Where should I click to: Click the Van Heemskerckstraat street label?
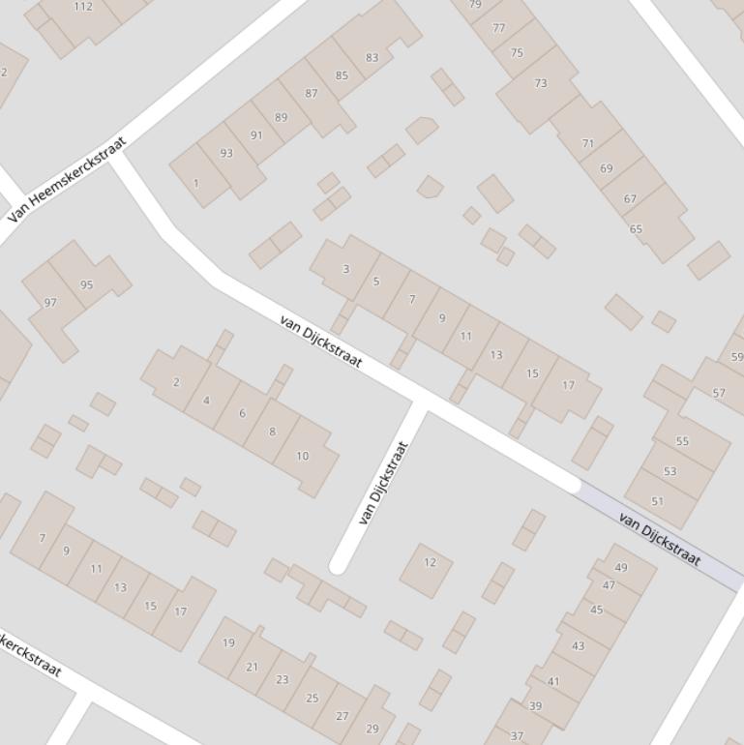67,181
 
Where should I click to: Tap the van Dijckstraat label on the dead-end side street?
384,483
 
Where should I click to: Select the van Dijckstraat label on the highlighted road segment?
659,540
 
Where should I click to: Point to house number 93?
226,153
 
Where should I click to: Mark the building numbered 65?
636,229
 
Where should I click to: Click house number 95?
87,284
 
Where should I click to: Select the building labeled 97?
50,303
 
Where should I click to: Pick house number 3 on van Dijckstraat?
345,269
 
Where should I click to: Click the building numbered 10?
302,456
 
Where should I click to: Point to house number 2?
176,382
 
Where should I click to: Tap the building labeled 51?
658,501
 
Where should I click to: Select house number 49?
621,568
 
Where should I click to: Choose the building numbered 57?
718,393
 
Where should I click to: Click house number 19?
228,642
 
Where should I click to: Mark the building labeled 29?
372,729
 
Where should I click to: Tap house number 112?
83,7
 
